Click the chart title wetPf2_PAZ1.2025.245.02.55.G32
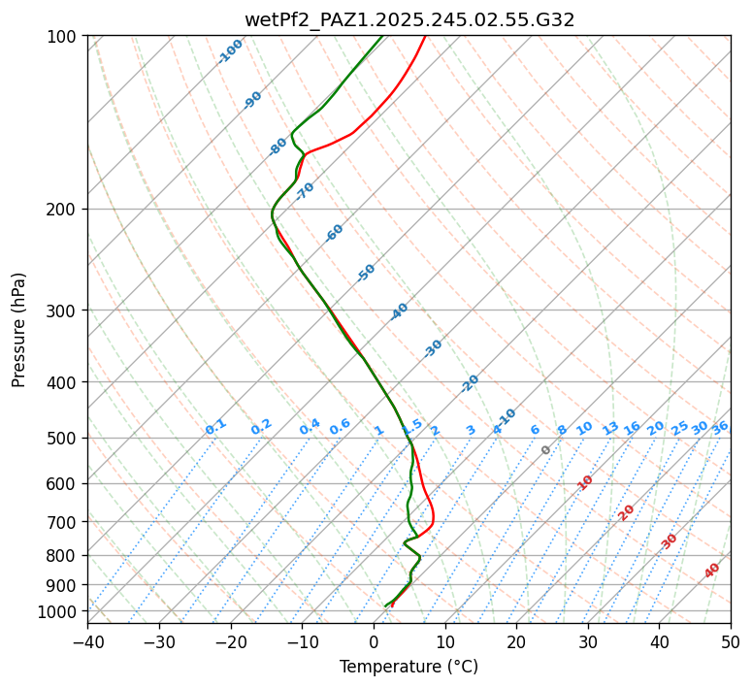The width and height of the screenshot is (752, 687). (x=409, y=18)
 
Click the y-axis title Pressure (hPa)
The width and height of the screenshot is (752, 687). (x=19, y=329)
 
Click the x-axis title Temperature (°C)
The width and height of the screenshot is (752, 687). (x=409, y=668)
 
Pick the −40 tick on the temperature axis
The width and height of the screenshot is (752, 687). (x=87, y=642)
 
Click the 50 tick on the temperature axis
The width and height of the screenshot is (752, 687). (x=731, y=642)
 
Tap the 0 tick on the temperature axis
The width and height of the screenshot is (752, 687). (x=374, y=642)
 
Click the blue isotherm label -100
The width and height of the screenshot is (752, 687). (x=230, y=50)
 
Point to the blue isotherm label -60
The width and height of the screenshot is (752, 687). (x=335, y=233)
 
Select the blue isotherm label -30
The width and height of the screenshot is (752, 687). (x=433, y=347)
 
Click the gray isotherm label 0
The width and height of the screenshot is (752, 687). (x=546, y=450)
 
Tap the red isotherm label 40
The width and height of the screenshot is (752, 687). (x=712, y=571)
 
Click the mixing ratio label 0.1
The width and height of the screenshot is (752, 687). (x=215, y=427)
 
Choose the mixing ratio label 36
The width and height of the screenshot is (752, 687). (x=720, y=427)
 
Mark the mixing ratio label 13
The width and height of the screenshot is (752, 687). (x=610, y=428)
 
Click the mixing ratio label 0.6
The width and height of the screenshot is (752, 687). (x=340, y=427)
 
